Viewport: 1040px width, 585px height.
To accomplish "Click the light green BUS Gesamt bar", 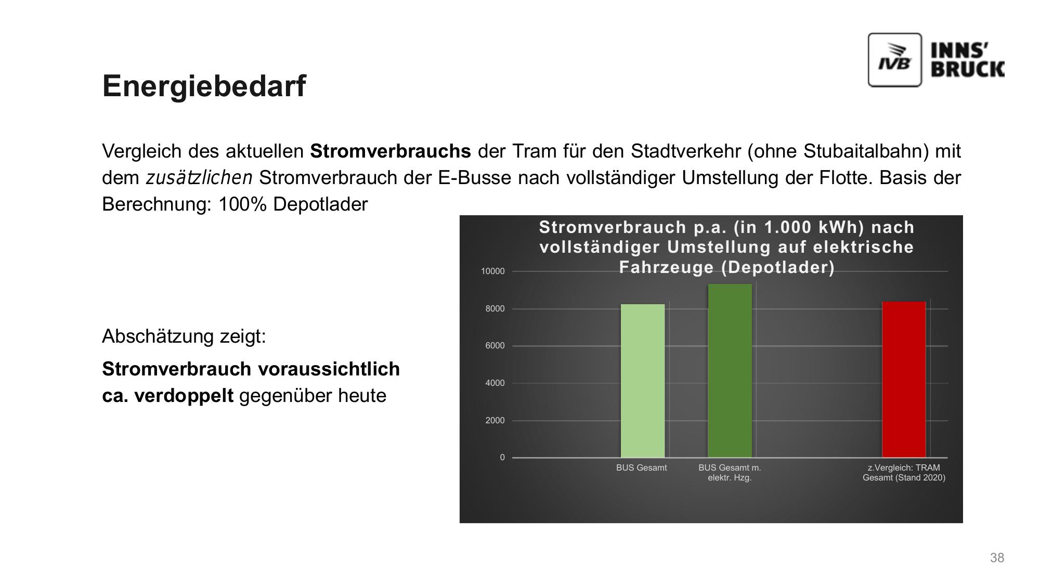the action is pos(643,381).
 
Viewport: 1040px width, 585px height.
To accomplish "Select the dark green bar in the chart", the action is pos(730,371).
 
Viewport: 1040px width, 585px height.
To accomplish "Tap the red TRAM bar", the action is pos(904,380).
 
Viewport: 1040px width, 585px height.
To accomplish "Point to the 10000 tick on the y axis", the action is pos(492,271).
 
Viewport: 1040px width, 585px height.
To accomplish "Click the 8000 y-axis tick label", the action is pos(495,309).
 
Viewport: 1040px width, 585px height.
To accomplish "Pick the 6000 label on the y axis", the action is pos(495,346).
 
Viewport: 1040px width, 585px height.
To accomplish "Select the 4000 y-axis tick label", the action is pos(495,383).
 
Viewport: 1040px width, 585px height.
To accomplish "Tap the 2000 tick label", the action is pos(495,420).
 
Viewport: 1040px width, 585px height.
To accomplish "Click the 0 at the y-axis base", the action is pos(502,458).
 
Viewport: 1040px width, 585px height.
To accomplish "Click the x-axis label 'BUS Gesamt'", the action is pos(641,467).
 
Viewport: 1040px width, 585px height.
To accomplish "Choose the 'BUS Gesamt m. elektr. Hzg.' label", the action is pos(730,473).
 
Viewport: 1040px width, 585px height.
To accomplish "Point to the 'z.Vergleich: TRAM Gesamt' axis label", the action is pos(904,473).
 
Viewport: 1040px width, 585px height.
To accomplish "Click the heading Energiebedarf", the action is pos(204,86).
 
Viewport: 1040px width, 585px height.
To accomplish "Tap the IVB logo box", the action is pos(894,60).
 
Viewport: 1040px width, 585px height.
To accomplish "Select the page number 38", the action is pos(997,558).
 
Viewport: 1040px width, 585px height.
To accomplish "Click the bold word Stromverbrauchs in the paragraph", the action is pos(391,151).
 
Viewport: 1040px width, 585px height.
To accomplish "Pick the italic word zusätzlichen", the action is pos(199,178).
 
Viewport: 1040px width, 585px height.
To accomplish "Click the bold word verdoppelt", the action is pos(184,396).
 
